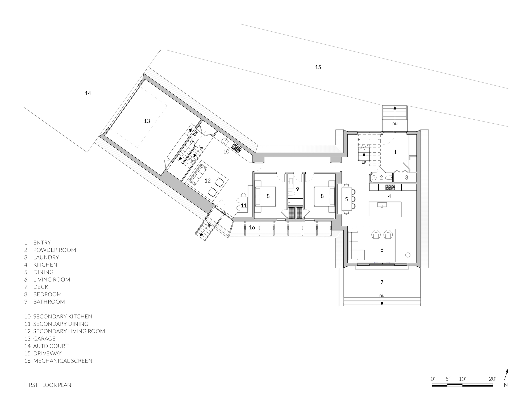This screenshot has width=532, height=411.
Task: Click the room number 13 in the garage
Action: click(147, 121)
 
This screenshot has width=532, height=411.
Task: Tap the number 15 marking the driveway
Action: click(318, 67)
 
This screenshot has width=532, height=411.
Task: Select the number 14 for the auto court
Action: click(88, 93)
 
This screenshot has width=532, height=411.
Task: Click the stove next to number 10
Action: click(236, 148)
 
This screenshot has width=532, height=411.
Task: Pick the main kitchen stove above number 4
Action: click(390, 187)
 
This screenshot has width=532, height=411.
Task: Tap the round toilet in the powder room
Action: click(374, 178)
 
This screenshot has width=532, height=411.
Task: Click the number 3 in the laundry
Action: click(406, 178)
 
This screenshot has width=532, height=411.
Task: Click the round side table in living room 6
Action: click(408, 255)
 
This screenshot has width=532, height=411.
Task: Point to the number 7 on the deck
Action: click(382, 282)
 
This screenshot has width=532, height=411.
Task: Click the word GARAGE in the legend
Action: click(44, 338)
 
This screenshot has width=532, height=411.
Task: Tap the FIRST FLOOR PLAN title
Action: click(48, 385)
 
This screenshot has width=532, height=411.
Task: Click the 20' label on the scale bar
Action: click(492, 379)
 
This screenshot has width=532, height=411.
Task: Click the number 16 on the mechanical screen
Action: click(252, 227)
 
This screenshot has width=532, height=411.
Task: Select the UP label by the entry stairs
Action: click(364, 162)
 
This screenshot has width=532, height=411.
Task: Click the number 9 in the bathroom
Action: click(297, 189)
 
